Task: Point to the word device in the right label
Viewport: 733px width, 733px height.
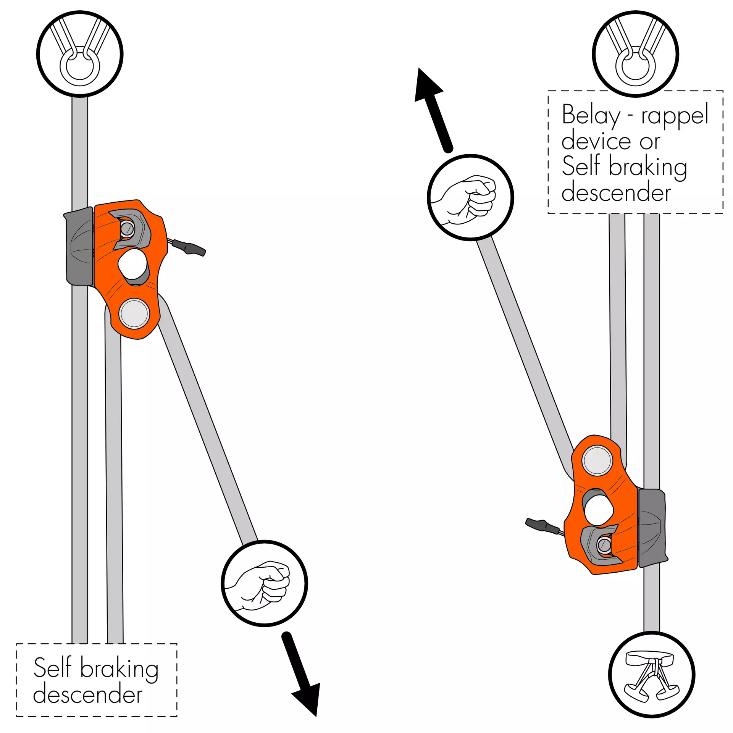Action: (596, 141)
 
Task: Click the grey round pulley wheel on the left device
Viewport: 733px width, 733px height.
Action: (134, 313)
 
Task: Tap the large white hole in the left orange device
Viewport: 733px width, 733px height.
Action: (132, 263)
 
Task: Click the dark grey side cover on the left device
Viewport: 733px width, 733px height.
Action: (80, 246)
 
